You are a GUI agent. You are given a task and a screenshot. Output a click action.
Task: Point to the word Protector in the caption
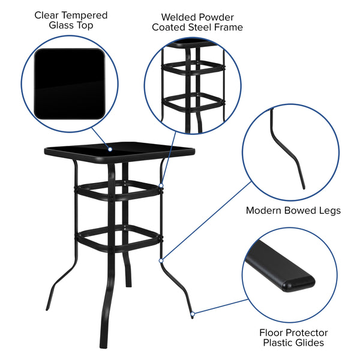[x=304, y=332]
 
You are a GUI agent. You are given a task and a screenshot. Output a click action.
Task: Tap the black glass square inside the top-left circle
[x=69, y=83]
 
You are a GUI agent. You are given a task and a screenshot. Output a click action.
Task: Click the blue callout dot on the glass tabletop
[x=110, y=148]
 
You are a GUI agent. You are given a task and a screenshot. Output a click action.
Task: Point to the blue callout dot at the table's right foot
[x=192, y=313]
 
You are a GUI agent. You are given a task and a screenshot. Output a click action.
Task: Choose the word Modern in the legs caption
[x=265, y=211]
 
